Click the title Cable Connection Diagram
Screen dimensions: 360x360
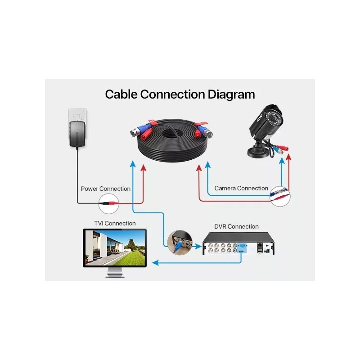180,94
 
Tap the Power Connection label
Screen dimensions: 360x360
106,189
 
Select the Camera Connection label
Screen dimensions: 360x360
241,188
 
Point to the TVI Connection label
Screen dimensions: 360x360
115,223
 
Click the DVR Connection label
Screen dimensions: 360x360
236,226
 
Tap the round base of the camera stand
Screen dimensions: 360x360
257,152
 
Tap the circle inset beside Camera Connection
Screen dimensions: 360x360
280,196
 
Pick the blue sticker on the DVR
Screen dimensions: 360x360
242,247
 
